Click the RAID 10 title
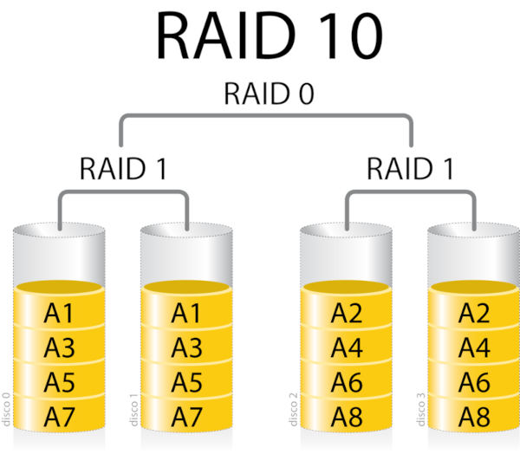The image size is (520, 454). click(x=270, y=36)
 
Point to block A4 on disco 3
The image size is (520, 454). click(x=475, y=348)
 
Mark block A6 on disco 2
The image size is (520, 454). click(x=347, y=381)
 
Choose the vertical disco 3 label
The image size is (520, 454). click(x=423, y=407)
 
